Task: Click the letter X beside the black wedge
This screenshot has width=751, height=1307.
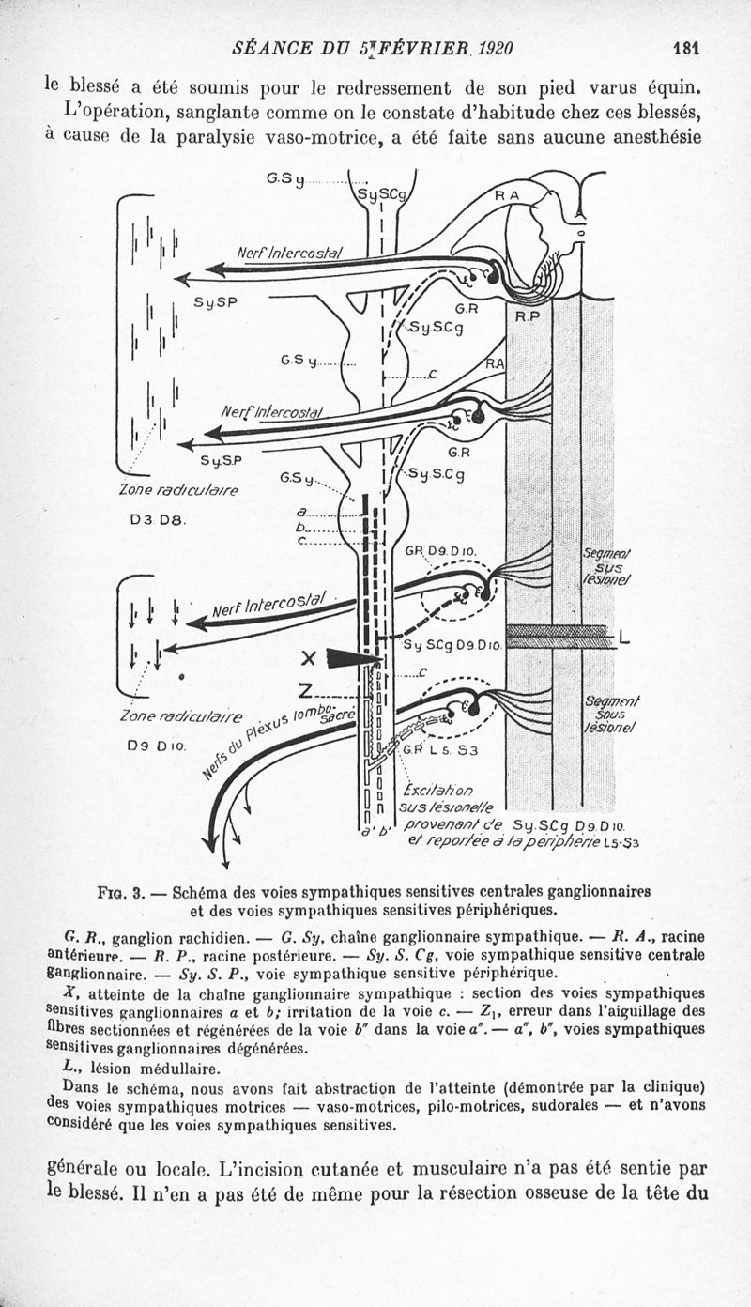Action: point(306,657)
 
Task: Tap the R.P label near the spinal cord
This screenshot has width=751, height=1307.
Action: point(527,316)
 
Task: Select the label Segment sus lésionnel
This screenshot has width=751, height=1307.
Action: point(607,566)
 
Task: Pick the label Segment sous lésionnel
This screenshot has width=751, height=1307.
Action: point(611,714)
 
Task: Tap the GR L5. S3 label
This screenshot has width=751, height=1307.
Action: point(440,750)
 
